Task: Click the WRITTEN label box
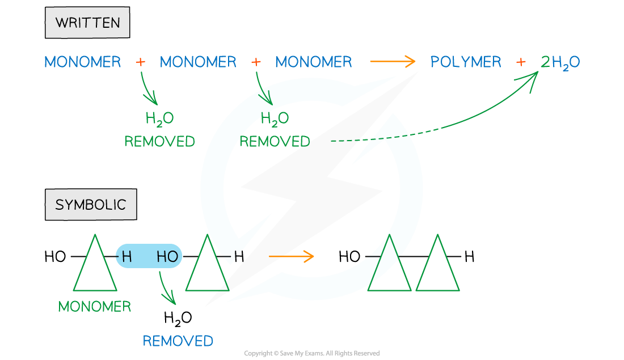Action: click(87, 23)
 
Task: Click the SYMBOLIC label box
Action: click(91, 205)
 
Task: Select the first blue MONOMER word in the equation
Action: click(83, 62)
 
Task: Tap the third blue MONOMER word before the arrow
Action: click(314, 62)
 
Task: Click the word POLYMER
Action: click(466, 62)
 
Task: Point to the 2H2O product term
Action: click(560, 62)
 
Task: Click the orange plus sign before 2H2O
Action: click(521, 62)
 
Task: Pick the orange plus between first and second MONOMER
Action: click(140, 62)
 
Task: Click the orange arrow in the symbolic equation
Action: click(291, 257)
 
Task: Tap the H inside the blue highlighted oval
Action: click(127, 257)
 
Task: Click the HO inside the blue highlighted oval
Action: click(167, 257)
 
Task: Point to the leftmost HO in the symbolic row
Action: click(55, 257)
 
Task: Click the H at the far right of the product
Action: click(469, 257)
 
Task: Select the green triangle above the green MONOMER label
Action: click(95, 266)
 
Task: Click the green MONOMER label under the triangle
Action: click(95, 306)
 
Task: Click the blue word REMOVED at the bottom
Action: click(178, 341)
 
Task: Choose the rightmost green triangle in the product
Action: click(437, 266)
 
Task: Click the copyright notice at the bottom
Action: click(311, 353)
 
